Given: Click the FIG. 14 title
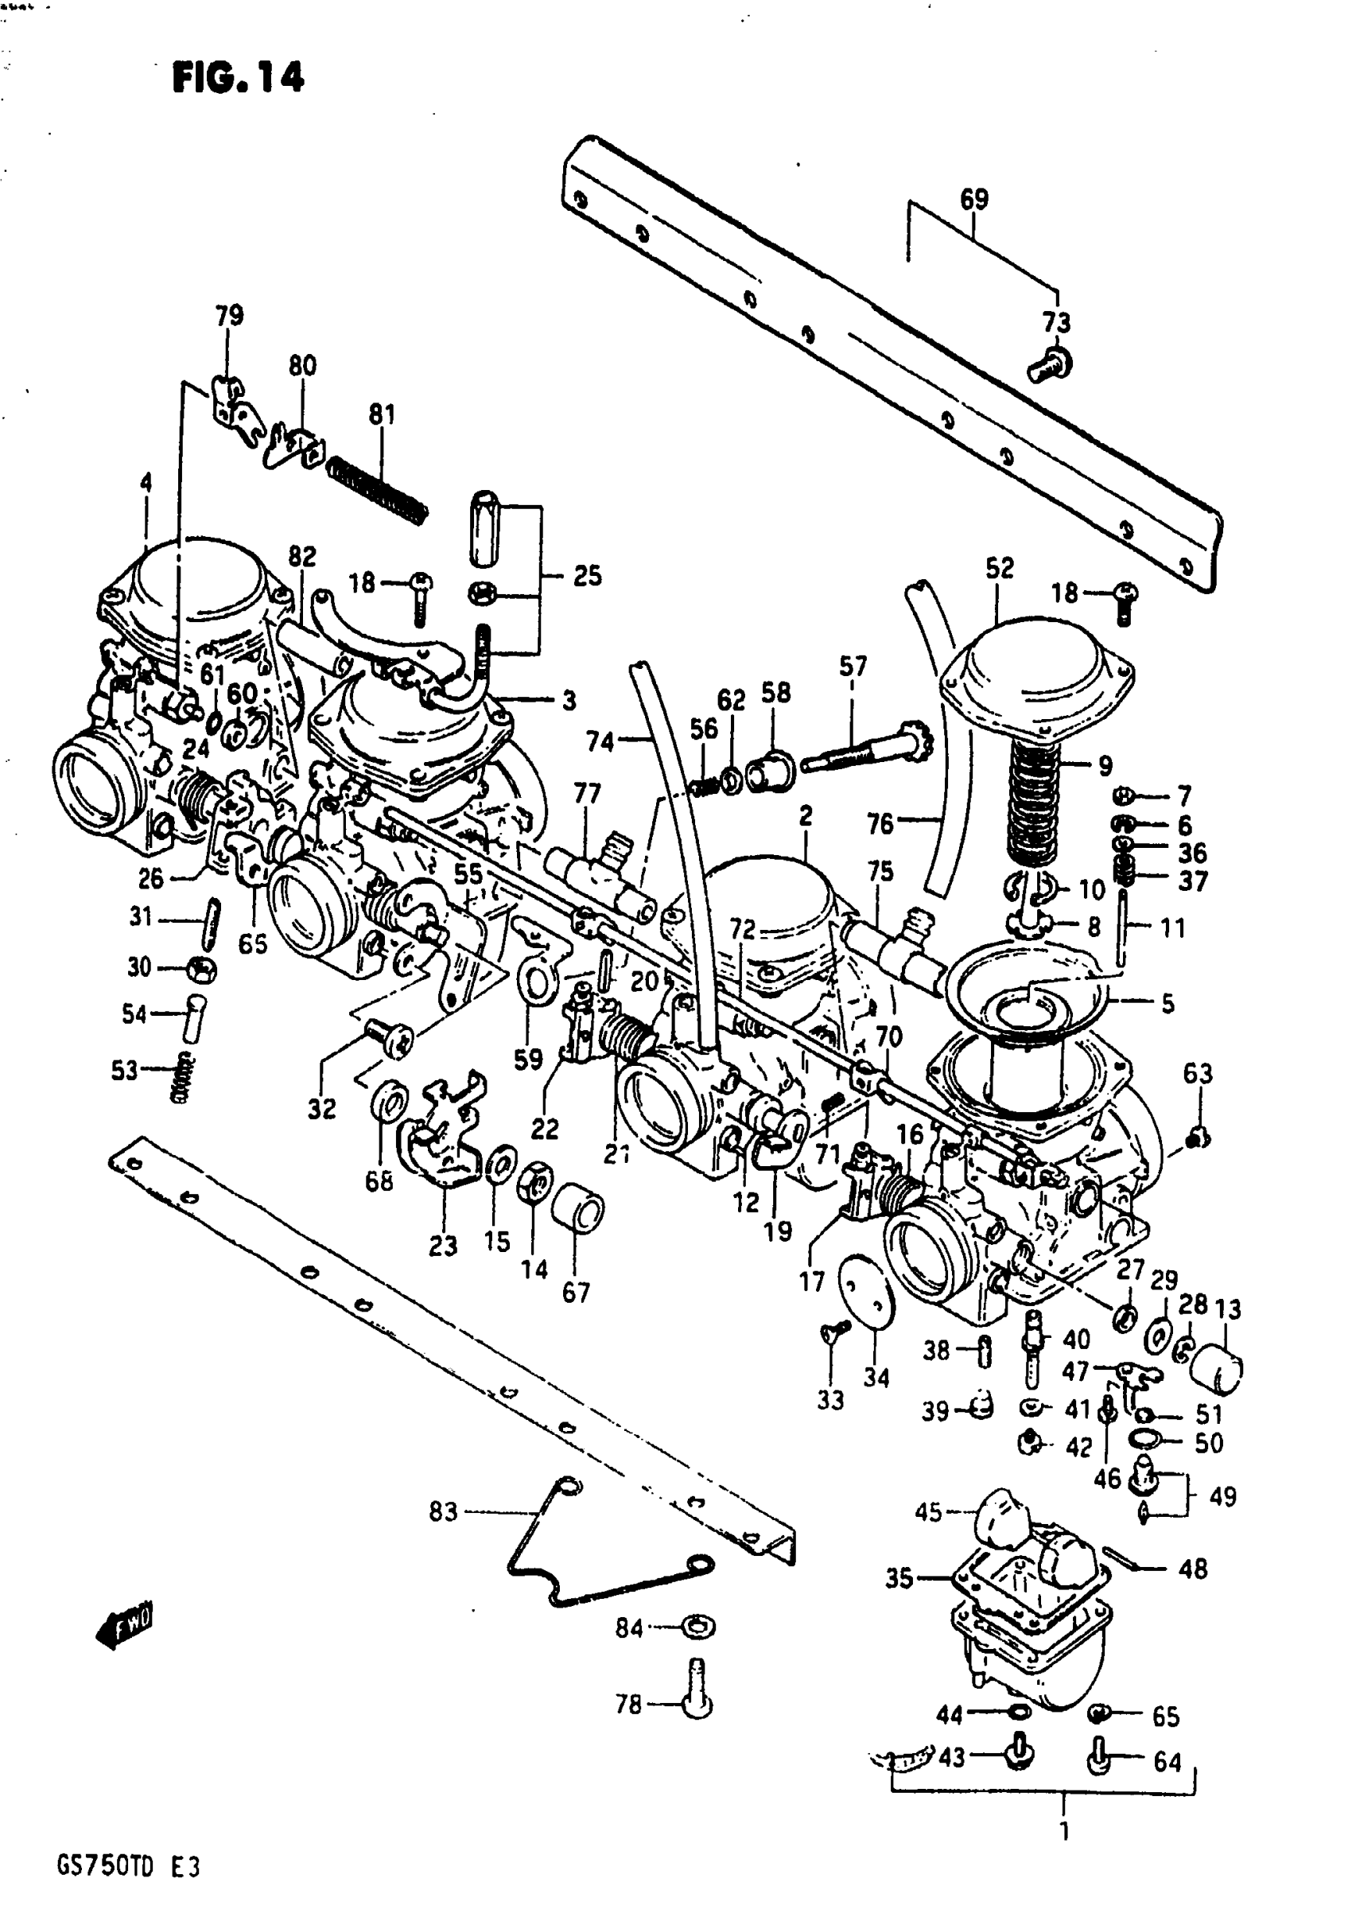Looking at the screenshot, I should point(239,79).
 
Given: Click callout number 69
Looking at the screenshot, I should point(974,199).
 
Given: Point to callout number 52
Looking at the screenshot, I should point(999,568).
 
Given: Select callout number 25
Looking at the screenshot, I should point(586,576).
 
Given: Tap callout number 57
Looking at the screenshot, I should point(853,666).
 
